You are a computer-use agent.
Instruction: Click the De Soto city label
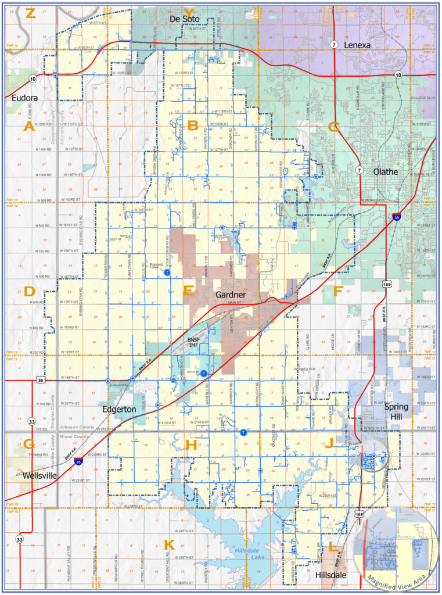(x=184, y=19)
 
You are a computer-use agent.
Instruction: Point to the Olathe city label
(x=385, y=171)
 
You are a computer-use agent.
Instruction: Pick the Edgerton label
(x=119, y=409)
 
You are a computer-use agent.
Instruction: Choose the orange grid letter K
(x=169, y=545)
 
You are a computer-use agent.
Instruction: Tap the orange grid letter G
(x=29, y=445)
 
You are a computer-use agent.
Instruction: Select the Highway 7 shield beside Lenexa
(x=334, y=44)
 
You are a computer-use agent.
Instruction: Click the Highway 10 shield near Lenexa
(x=398, y=75)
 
